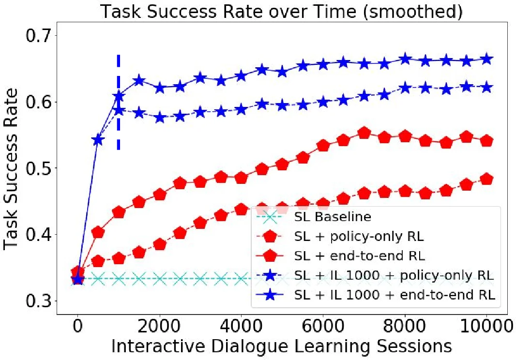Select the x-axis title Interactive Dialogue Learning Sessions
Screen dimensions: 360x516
[x=281, y=346]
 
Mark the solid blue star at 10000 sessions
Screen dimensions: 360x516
[x=487, y=59]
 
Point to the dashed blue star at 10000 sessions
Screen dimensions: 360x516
[x=487, y=87]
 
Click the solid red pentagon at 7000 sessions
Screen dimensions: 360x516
[x=364, y=133]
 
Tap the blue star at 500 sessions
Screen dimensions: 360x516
[x=98, y=140]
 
